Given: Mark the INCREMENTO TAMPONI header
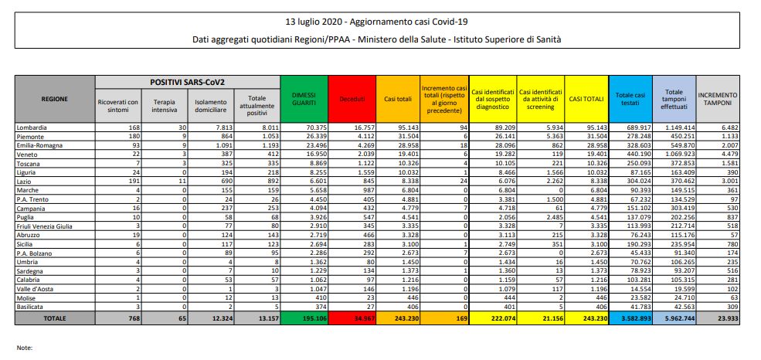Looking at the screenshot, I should click(x=718, y=99).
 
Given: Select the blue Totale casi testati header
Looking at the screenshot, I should click(x=630, y=99).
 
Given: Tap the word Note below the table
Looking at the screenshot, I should click(x=25, y=348).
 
